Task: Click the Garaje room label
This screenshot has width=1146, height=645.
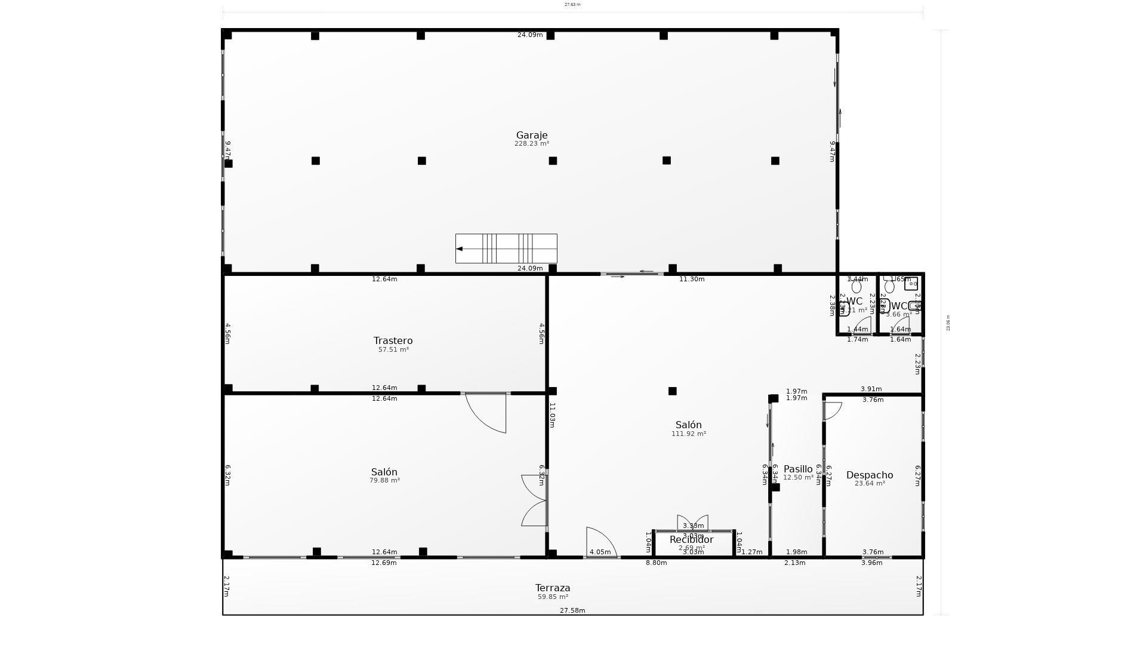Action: (531, 136)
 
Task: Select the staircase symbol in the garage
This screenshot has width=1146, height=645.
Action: (506, 248)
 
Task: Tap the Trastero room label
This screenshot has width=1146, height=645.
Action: (393, 341)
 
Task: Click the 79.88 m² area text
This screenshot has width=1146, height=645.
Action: (384, 480)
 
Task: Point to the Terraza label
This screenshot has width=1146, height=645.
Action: (553, 588)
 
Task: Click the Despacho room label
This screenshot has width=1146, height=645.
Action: (870, 475)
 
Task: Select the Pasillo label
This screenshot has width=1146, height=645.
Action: (798, 469)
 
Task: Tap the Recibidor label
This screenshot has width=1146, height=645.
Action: (691, 540)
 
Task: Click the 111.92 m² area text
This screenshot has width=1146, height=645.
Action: (688, 434)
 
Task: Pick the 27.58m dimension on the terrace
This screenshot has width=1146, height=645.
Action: (572, 610)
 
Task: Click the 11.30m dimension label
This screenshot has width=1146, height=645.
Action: (692, 279)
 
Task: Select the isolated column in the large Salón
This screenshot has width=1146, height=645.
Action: (672, 391)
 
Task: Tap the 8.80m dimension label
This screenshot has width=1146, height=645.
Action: (656, 563)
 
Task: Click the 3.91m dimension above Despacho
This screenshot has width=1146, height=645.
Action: (871, 389)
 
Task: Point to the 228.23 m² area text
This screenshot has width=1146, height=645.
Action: (531, 144)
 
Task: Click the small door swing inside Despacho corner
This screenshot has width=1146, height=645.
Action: (832, 410)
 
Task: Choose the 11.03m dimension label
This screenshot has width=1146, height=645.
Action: (552, 415)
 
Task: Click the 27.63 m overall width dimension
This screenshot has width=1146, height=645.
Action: (572, 5)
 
